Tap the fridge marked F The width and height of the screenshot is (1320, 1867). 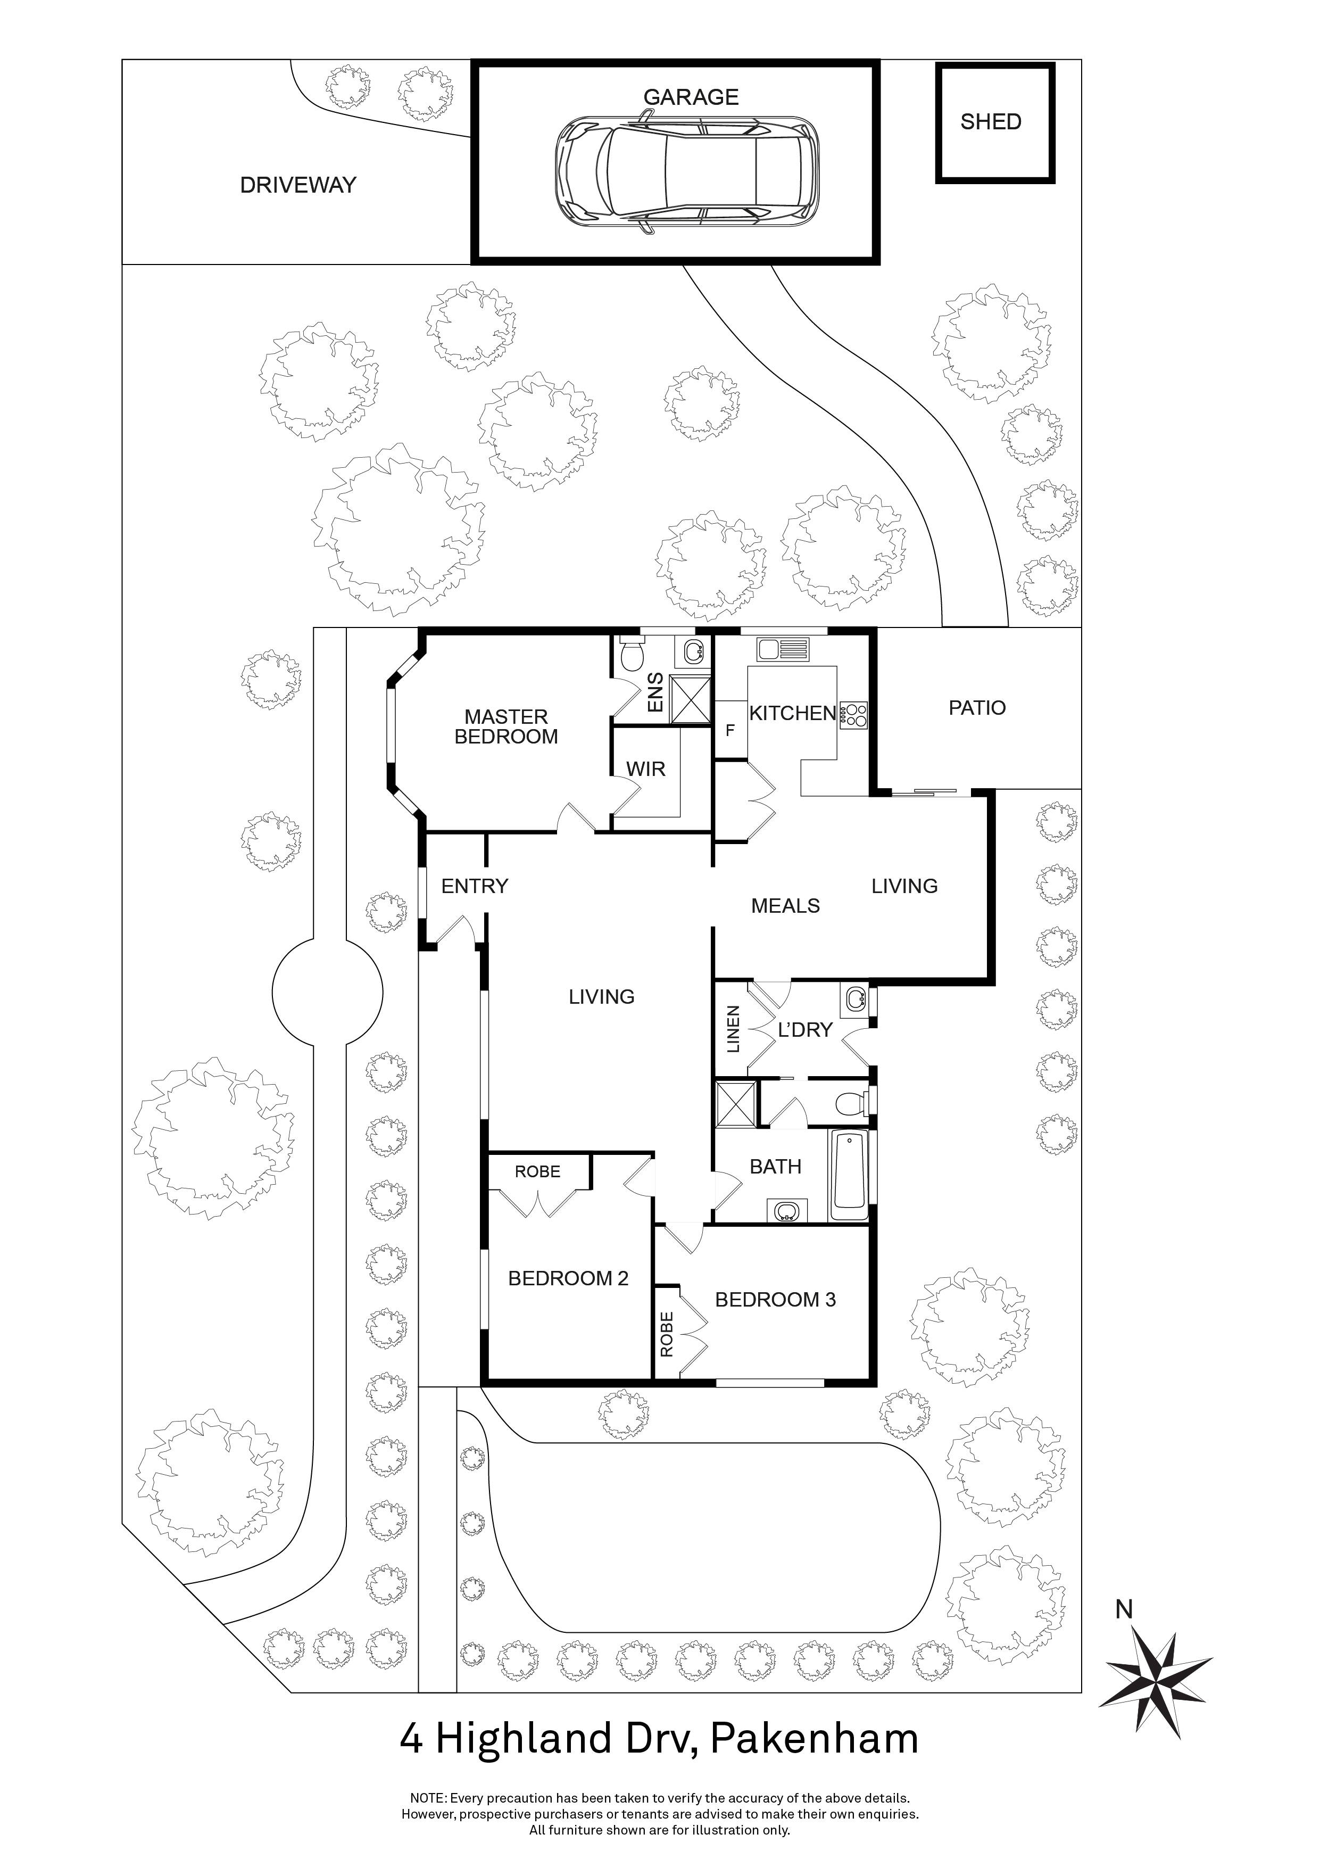[x=730, y=730]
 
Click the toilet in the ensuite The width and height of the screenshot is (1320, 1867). [x=632, y=653]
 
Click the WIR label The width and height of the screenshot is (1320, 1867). [x=645, y=769]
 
